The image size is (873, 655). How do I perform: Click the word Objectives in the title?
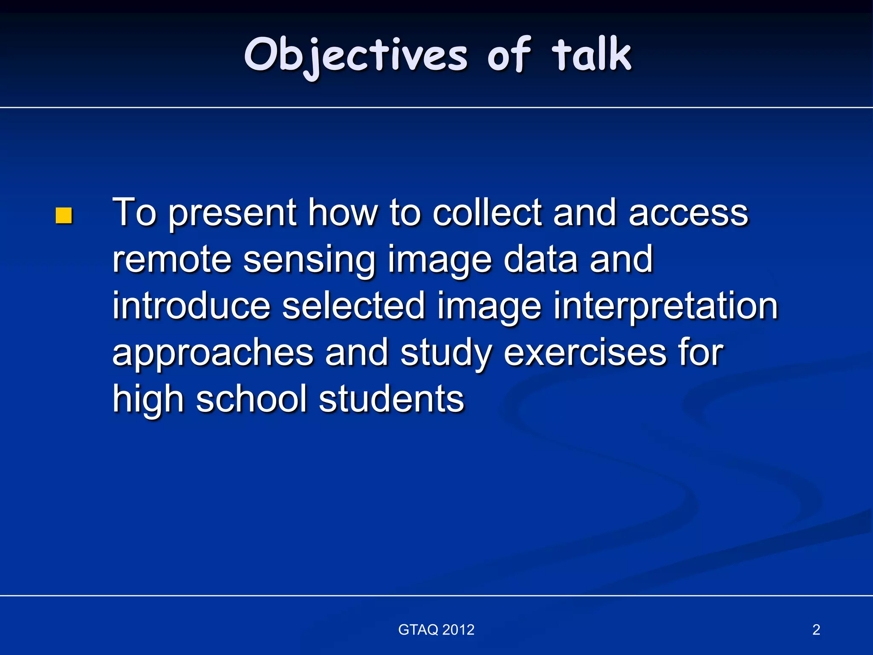[x=356, y=55]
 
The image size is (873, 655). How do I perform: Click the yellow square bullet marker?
[x=64, y=216]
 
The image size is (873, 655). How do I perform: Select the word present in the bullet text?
[x=232, y=213]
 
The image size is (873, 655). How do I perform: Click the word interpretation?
[x=665, y=306]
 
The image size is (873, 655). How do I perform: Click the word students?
[x=391, y=399]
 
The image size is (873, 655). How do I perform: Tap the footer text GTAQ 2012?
[x=436, y=630]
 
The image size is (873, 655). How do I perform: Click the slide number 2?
[x=816, y=630]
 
